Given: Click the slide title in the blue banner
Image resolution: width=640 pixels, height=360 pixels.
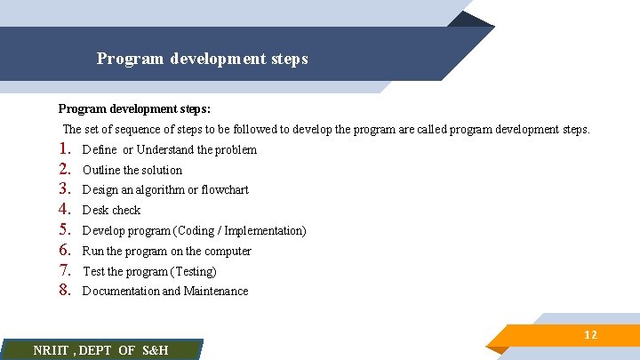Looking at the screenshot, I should tap(202, 59).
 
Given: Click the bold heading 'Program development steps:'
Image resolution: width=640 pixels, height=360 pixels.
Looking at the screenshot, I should tap(134, 108).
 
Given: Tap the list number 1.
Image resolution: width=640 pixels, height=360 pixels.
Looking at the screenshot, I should tap(64, 149).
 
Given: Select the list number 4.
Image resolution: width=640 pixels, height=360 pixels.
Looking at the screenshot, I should tap(64, 210).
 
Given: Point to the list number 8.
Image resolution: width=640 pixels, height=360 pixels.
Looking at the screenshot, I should tap(64, 291).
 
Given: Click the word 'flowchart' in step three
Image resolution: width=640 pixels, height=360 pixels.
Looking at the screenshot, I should tap(225, 190).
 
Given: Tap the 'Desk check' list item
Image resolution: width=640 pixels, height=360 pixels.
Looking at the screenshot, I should tap(111, 211).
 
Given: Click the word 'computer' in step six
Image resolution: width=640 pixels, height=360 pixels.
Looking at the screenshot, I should tap(228, 252).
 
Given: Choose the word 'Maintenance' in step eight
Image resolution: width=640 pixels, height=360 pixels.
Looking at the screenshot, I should tap(216, 292).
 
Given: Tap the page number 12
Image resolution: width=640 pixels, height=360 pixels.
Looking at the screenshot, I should tap(590, 335).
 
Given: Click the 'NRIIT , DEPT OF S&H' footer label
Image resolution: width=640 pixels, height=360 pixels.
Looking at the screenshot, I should tap(100, 350).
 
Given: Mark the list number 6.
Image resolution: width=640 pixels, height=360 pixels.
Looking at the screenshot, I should tap(64, 251).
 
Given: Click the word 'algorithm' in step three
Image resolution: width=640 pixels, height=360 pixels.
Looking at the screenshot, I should tap(157, 190).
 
